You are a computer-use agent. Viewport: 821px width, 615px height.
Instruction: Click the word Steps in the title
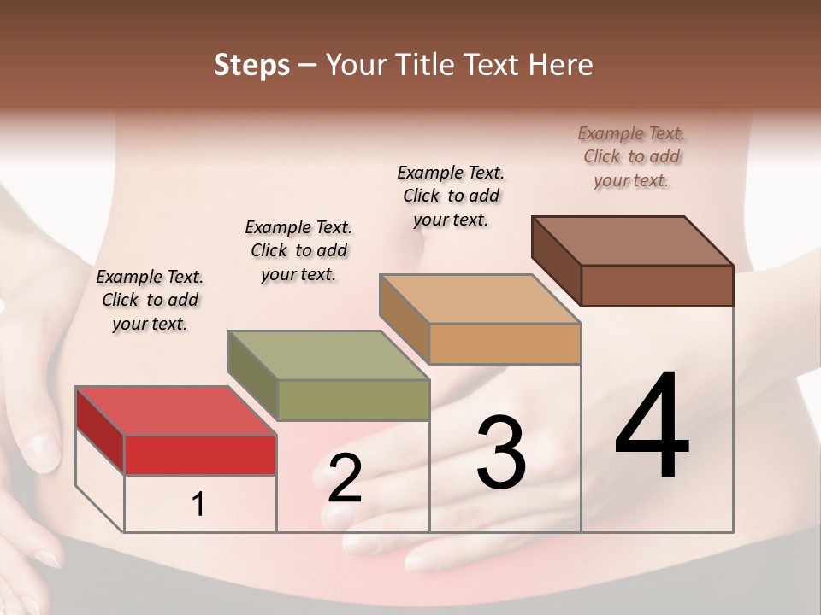[x=251, y=65]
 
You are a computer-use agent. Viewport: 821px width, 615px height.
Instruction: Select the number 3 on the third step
[x=500, y=453]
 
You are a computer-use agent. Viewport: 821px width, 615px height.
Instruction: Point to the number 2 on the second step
[x=345, y=479]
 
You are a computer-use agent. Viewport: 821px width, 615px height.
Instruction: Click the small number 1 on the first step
[x=198, y=505]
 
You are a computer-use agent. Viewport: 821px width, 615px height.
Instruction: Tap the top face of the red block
[x=175, y=411]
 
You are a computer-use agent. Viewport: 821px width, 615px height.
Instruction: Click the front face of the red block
[x=200, y=454]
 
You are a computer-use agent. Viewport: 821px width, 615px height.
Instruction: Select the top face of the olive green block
[x=328, y=355]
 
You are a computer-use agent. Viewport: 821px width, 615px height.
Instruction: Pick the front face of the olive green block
[x=353, y=400]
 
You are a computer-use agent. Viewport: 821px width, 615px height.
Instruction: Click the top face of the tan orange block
[x=480, y=299]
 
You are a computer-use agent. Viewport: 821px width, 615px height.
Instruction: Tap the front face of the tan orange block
[x=505, y=343]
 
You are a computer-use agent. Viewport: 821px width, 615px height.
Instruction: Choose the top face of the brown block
[x=632, y=241]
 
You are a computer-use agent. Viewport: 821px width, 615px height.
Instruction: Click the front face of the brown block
[x=657, y=285]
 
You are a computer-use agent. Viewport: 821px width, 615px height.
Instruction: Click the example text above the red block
[x=150, y=300]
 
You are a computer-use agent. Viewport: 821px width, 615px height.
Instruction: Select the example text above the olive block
[x=298, y=250]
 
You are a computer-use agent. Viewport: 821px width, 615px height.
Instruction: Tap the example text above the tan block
[x=451, y=196]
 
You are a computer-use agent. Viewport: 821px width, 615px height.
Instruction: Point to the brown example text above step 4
[x=631, y=156]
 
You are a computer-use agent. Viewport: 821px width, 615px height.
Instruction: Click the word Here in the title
[x=563, y=65]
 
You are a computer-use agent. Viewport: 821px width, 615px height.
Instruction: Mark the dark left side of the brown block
[x=556, y=261]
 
